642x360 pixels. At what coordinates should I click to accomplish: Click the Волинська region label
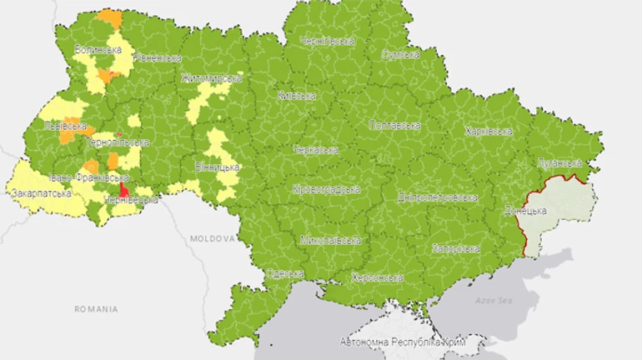pos(98,49)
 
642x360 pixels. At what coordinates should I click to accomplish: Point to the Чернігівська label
pos(328,40)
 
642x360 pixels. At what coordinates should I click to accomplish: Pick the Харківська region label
pos(488,132)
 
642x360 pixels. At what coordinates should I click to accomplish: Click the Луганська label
pos(559,162)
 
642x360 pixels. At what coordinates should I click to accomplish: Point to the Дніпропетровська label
pos(436,198)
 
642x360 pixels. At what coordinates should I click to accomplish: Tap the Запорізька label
pos(455,249)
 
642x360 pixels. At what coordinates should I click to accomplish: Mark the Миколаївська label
pos(331,240)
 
